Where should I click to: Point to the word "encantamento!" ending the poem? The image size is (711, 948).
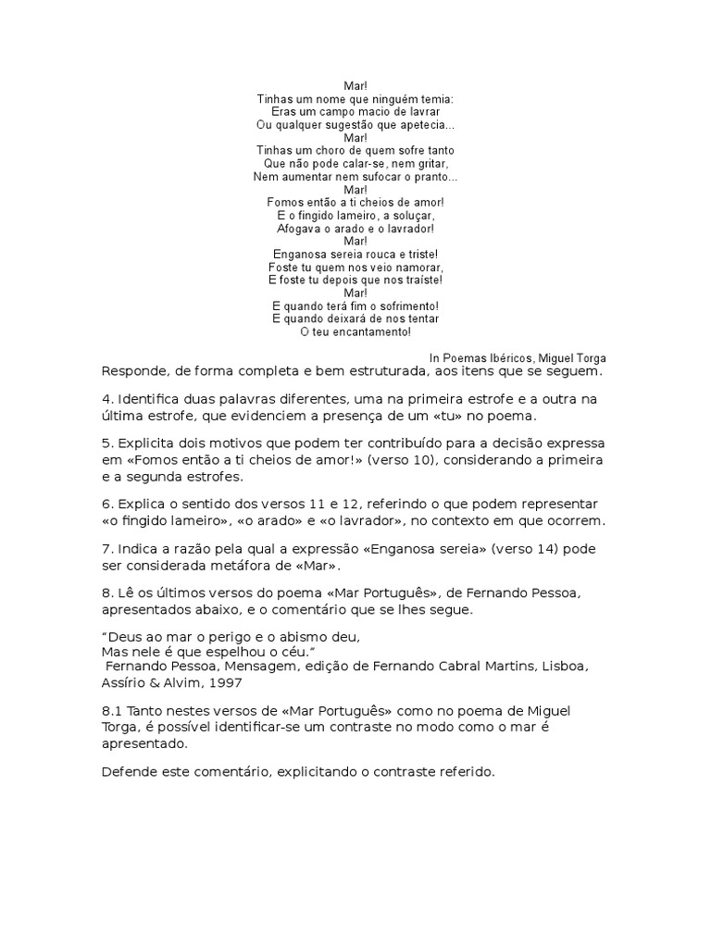[x=368, y=331]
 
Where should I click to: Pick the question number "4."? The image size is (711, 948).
[x=107, y=399]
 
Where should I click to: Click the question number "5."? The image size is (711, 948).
[x=107, y=443]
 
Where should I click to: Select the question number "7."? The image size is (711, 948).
[x=107, y=548]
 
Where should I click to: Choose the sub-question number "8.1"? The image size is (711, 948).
[x=113, y=710]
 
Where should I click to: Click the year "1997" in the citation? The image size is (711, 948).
[x=225, y=682]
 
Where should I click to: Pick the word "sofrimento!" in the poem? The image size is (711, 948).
[x=405, y=306]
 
